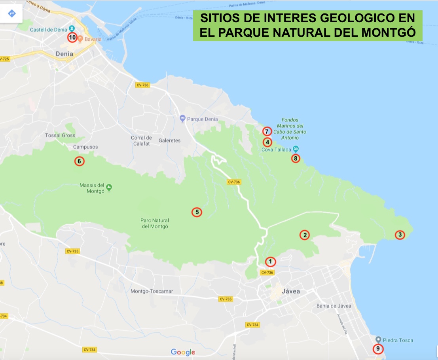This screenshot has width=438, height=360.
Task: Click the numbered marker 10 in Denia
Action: pyautogui.click(x=72, y=38)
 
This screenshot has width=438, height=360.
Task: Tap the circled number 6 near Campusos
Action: pyautogui.click(x=79, y=161)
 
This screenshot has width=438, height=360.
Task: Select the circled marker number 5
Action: pyautogui.click(x=197, y=212)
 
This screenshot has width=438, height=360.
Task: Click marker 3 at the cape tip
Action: pyautogui.click(x=400, y=235)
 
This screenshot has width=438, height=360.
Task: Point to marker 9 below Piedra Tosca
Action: pyautogui.click(x=378, y=349)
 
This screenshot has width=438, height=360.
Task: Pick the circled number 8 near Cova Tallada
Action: pyautogui.click(x=296, y=159)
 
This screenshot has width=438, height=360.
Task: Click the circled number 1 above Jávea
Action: pyautogui.click(x=270, y=261)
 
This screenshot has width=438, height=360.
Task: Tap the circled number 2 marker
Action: pyautogui.click(x=304, y=235)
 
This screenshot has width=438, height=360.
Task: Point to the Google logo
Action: pyautogui.click(x=183, y=352)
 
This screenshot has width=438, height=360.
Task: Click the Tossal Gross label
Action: pyautogui.click(x=60, y=135)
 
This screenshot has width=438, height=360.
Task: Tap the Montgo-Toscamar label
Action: pyautogui.click(x=152, y=291)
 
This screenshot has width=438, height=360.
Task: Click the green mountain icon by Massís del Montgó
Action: pyautogui.click(x=109, y=187)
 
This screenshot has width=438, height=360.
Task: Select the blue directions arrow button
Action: pyautogui.click(x=11, y=13)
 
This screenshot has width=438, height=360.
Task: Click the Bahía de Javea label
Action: pyautogui.click(x=334, y=306)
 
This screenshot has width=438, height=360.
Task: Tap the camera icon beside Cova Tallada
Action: pyautogui.click(x=296, y=150)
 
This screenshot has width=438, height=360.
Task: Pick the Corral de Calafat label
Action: pyautogui.click(x=141, y=140)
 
